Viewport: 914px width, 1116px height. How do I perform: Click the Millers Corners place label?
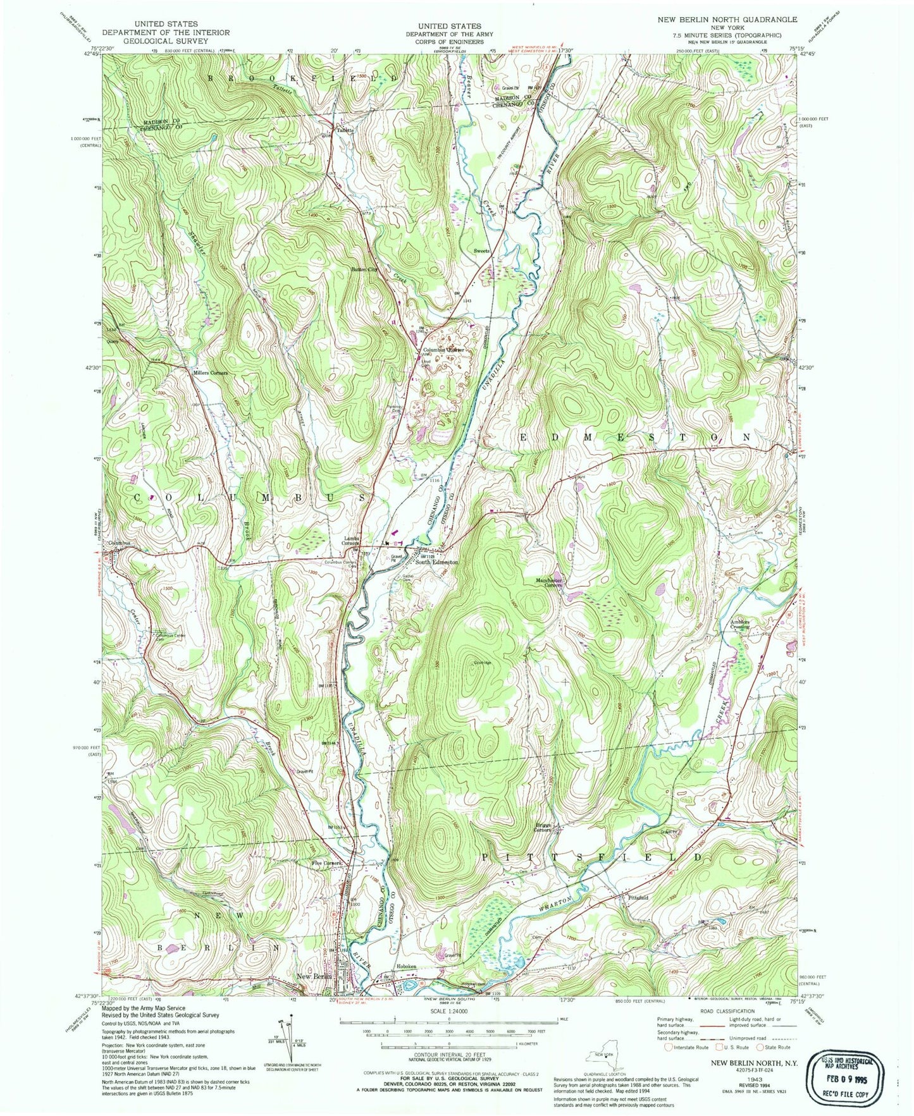click(210, 373)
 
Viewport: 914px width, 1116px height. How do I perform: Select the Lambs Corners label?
click(351, 541)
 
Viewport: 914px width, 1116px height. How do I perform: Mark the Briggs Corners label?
click(542, 828)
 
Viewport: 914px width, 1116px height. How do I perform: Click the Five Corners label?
click(326, 863)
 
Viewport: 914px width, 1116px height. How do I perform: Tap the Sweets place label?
click(482, 251)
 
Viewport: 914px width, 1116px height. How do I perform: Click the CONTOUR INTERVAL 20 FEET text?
click(448, 1055)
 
